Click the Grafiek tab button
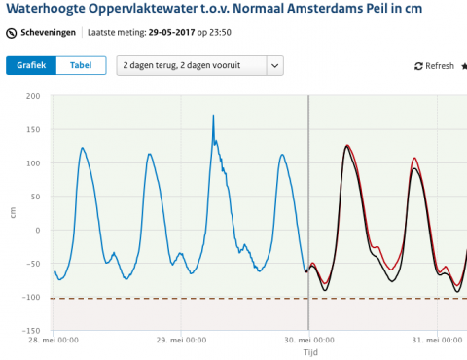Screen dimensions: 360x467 (x=31, y=65)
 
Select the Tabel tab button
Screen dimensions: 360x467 (x=81, y=65)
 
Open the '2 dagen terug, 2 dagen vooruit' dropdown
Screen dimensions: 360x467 (x=199, y=65)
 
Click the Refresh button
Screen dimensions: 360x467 (x=434, y=66)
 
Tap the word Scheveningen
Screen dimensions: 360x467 (x=49, y=32)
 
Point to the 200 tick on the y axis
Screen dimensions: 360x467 (x=33, y=96)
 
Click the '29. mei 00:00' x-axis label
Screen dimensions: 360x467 (x=180, y=341)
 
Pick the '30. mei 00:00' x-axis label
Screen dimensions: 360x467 (x=308, y=341)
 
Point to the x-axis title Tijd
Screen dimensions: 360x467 (x=308, y=353)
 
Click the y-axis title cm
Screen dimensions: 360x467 (x=12, y=213)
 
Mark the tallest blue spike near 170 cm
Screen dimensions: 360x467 (x=214, y=117)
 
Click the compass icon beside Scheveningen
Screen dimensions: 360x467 (x=11, y=32)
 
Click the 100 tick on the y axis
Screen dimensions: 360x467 (x=33, y=163)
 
